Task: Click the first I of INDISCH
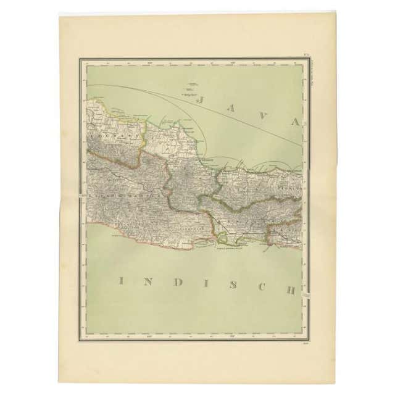[x=121, y=281]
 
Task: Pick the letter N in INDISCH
[x=149, y=281]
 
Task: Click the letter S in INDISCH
[x=233, y=285]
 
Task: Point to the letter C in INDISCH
[x=260, y=286]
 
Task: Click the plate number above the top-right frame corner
[x=306, y=56]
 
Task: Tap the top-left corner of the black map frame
[x=80, y=59]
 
